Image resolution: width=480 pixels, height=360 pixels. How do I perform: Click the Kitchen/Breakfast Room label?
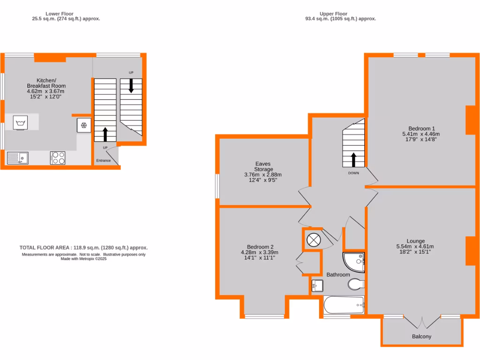point(46,83)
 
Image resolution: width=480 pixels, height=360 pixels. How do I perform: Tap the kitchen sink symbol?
point(17,158)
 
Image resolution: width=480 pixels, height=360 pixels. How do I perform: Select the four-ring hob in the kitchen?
point(58,157)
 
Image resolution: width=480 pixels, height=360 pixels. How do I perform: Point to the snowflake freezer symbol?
point(84,125)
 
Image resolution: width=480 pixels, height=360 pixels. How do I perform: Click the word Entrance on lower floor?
point(104,161)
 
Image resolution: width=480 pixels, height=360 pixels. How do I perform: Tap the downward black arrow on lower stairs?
point(131,85)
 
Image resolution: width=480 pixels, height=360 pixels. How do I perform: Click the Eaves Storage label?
point(263,166)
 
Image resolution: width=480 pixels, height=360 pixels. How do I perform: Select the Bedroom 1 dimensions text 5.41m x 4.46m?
point(421,134)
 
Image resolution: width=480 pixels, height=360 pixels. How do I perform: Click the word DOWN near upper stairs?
point(353,173)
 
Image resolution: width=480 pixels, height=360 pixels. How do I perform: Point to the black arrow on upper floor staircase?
point(353,159)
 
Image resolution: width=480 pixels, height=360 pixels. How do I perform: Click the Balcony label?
point(421,337)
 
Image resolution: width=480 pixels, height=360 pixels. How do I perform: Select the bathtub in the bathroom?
point(344,305)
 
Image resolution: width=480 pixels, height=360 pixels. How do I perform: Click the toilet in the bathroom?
point(356,284)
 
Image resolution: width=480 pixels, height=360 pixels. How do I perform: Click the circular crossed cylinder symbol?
point(314,240)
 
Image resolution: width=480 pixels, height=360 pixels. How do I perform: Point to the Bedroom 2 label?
point(260,247)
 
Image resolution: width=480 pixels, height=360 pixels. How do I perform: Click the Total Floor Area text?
point(83,247)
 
